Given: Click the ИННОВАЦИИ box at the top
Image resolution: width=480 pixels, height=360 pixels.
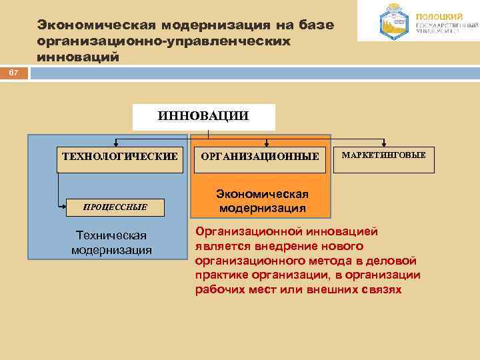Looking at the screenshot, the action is coord(203,117).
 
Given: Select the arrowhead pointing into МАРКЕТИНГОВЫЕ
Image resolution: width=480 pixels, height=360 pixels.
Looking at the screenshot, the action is coord(384,143).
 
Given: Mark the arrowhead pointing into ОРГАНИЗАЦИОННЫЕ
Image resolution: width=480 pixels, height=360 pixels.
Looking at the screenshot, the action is coord(267,143).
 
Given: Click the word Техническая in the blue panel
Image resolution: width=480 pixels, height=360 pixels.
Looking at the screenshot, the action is coord(111,236).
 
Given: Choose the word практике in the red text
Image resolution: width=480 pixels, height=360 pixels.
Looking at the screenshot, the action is coord(223,275).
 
